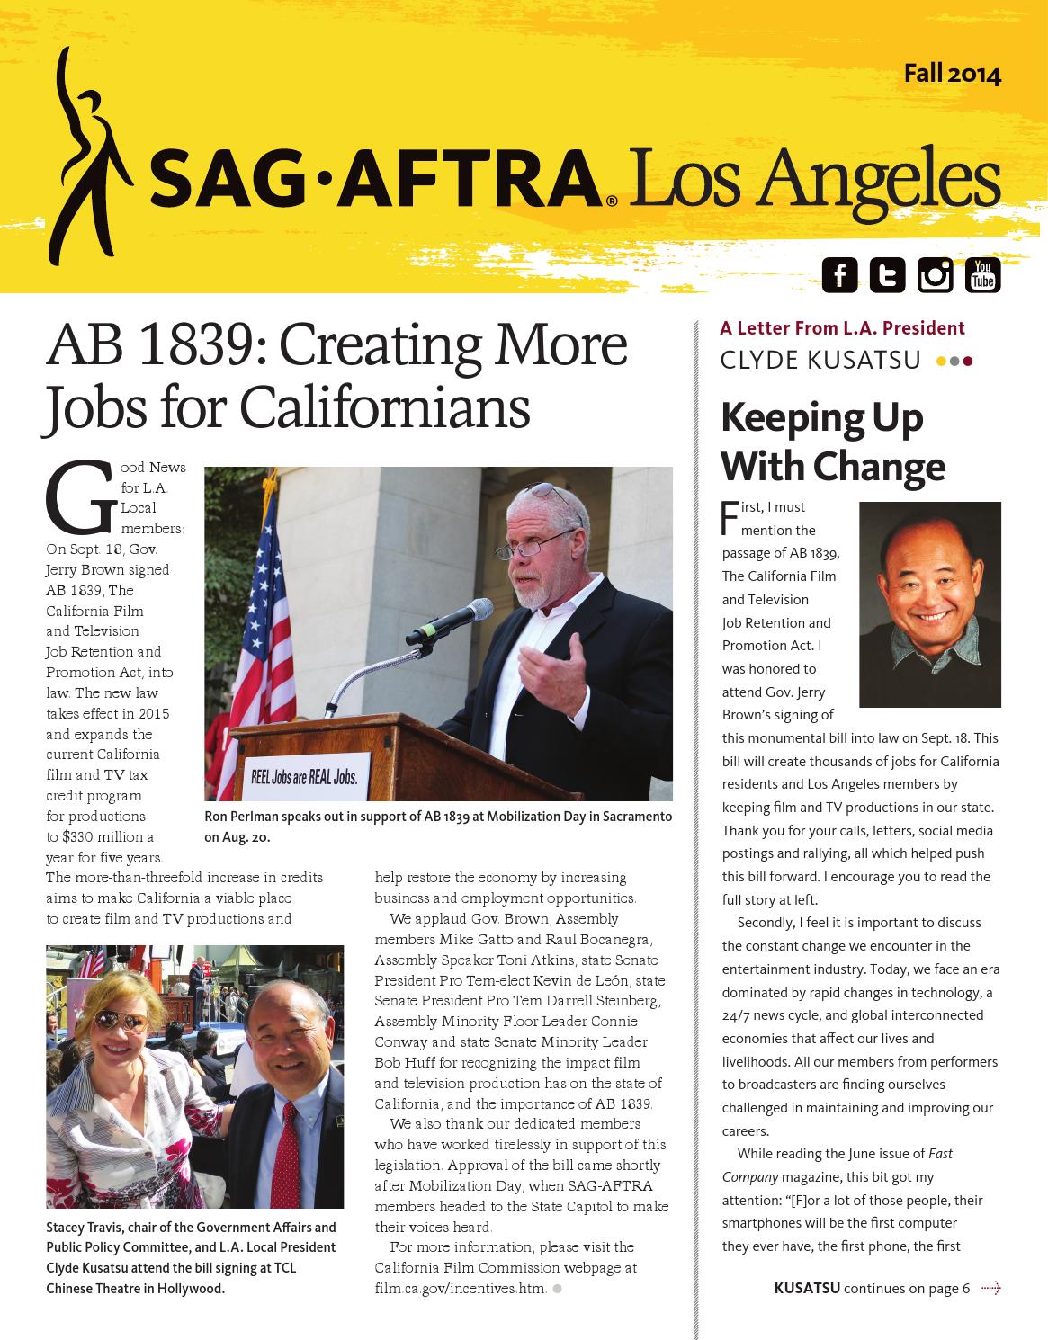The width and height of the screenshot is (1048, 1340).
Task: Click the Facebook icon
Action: pos(839,275)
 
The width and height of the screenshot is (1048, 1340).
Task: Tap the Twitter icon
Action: pos(887,275)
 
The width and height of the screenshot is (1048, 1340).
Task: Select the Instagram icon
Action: pos(935,275)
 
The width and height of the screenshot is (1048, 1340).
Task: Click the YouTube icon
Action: pos(982,275)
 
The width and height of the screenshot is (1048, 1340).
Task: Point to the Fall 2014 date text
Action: pos(952,74)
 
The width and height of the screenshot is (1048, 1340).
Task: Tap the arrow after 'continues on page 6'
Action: pos(990,1289)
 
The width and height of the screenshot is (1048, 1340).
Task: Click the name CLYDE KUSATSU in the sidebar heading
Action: pos(820,361)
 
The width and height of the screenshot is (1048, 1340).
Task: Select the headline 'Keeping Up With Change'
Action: pos(833,442)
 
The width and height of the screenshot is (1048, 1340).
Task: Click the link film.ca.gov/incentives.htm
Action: pos(460,1289)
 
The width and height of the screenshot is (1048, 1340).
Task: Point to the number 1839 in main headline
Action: pos(193,344)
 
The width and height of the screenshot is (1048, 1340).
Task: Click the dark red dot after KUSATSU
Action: pos(968,362)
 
